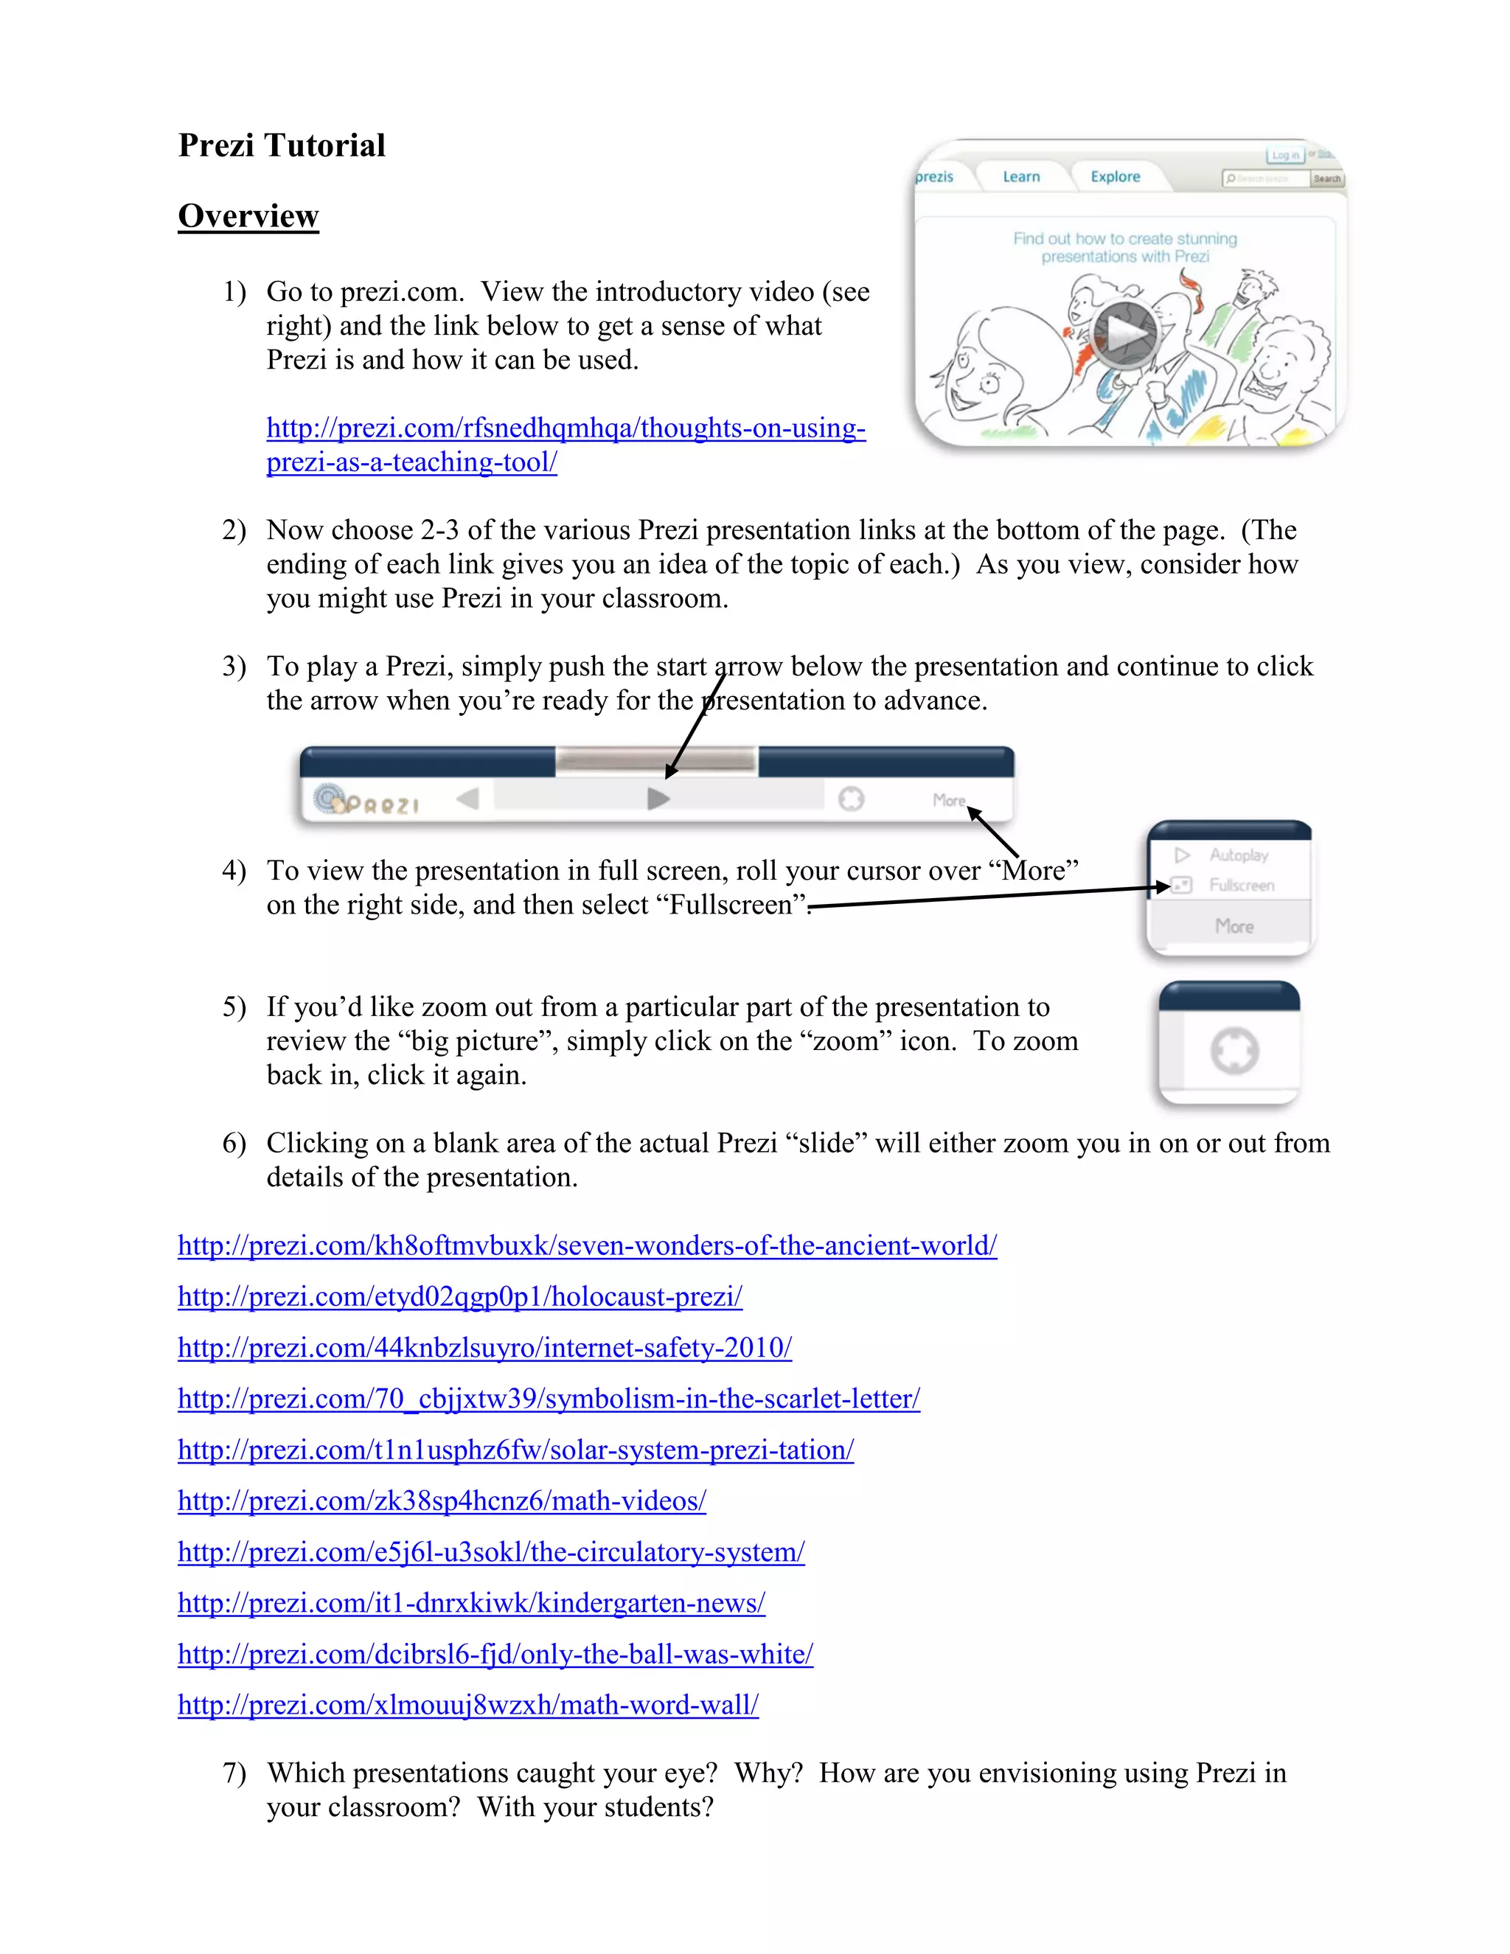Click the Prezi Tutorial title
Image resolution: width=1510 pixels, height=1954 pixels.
282,146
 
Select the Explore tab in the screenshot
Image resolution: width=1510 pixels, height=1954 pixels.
1115,177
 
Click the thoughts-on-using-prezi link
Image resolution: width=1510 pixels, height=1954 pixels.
566,428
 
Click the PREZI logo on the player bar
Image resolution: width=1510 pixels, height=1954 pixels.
366,801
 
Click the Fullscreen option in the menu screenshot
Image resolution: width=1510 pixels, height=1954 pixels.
1241,886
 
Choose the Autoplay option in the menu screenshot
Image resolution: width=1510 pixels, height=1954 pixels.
1238,855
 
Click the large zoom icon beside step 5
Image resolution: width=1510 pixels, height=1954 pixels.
1234,1051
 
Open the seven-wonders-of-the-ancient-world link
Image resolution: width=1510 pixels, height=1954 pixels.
587,1246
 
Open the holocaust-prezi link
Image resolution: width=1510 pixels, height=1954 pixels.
460,1297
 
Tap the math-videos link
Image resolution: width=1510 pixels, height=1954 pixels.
442,1501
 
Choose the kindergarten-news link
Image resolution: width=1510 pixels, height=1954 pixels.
471,1603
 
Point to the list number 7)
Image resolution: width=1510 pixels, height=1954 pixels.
234,1773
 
